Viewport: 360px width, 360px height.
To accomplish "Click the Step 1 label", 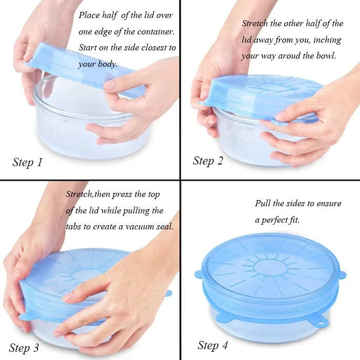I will pos(27,163).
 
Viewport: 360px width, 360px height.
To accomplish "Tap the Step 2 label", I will pos(208,160).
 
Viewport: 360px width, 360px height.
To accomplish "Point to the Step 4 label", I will pos(212,345).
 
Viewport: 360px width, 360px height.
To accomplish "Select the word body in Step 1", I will pos(105,64).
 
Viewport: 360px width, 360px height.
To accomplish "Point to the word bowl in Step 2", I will pos(325,56).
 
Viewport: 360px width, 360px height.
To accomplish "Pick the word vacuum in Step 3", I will pos(139,226).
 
